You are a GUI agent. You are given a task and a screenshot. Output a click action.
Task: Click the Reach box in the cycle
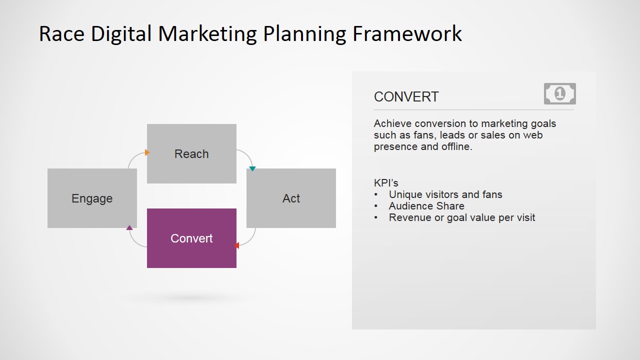pyautogui.click(x=191, y=153)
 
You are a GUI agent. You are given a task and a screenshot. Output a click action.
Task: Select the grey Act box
pyautogui.click(x=291, y=198)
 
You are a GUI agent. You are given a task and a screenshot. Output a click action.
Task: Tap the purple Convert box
pyautogui.click(x=191, y=238)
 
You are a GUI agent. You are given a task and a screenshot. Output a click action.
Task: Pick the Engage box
pyautogui.click(x=92, y=198)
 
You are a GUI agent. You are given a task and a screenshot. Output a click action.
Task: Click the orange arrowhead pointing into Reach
pyautogui.click(x=147, y=152)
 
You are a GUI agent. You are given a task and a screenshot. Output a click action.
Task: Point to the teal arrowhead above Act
pyautogui.click(x=252, y=169)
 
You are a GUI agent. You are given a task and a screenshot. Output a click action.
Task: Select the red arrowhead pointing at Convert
pyautogui.click(x=236, y=245)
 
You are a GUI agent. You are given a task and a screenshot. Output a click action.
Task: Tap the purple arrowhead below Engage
pyautogui.click(x=129, y=227)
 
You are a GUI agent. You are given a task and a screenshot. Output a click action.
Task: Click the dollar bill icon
pyautogui.click(x=559, y=93)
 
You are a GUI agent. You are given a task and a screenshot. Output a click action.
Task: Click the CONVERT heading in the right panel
pyautogui.click(x=406, y=97)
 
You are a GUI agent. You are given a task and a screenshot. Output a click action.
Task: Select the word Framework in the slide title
pyautogui.click(x=407, y=33)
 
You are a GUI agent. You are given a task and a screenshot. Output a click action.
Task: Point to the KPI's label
pyautogui.click(x=386, y=182)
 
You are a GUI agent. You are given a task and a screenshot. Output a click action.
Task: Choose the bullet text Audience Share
pyautogui.click(x=426, y=206)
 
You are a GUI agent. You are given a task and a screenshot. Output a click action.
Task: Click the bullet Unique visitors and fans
pyautogui.click(x=445, y=194)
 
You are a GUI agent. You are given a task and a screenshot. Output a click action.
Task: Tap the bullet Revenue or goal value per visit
pyautogui.click(x=462, y=217)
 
